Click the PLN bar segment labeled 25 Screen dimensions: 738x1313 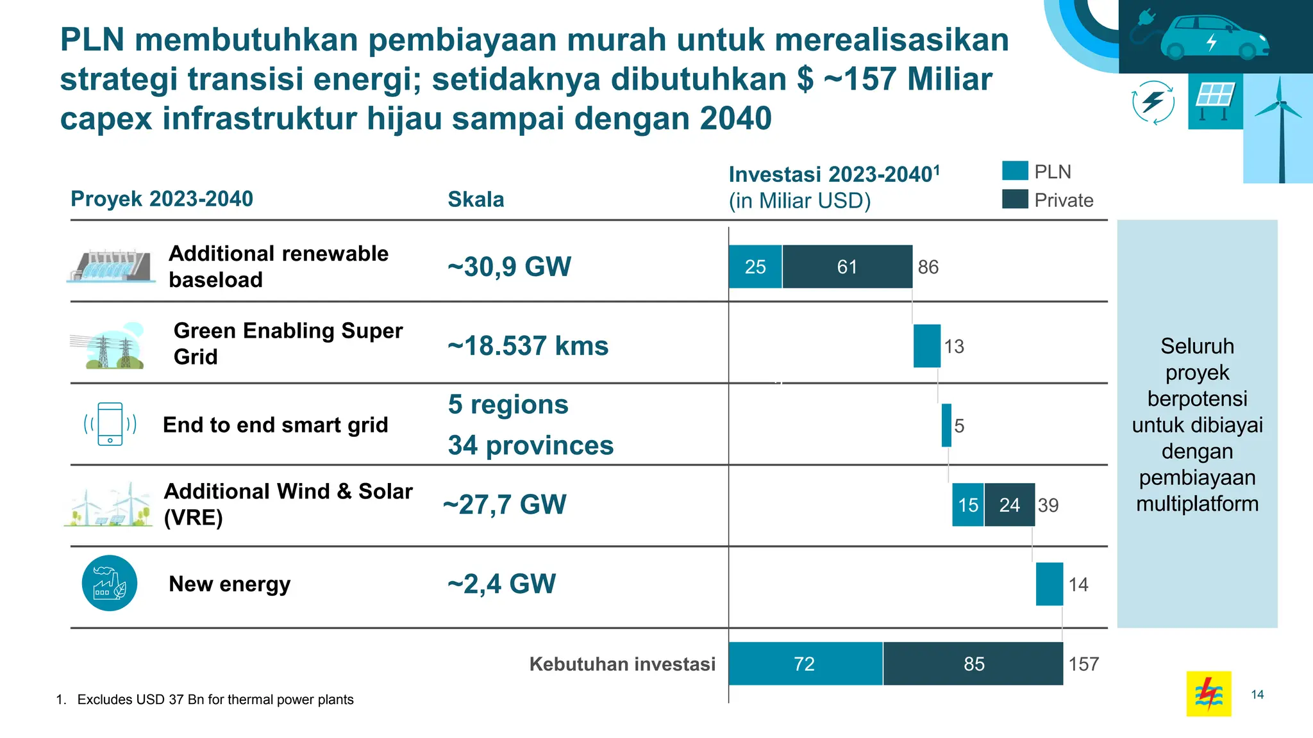[755, 266]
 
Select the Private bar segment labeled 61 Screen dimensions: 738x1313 [847, 266]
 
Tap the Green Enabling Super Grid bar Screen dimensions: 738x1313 [926, 346]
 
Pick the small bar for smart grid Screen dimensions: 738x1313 [946, 425]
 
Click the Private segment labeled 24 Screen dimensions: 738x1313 [1009, 505]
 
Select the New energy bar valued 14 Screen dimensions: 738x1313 [1050, 584]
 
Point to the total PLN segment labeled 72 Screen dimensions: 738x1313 [805, 664]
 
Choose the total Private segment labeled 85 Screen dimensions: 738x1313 [973, 664]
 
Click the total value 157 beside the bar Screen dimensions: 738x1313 [1083, 664]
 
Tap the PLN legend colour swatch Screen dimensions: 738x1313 [1015, 171]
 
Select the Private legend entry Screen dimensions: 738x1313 [1048, 200]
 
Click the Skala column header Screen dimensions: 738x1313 [476, 199]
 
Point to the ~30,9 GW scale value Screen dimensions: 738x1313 [509, 266]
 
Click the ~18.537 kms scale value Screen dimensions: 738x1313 [528, 346]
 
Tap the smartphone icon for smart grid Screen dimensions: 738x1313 [110, 423]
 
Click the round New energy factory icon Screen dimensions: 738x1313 [110, 583]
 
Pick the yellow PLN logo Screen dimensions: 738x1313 [1208, 693]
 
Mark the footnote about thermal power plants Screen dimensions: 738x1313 [205, 700]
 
